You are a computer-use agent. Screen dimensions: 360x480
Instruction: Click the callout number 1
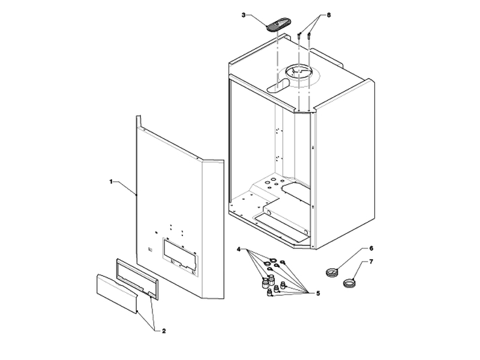[111, 181]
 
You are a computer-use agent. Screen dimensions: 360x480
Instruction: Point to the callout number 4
[239, 248]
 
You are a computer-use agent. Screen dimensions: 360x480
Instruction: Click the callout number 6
[371, 247]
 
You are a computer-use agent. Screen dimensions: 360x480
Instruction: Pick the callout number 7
[371, 262]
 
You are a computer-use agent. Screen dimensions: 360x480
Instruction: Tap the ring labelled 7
[350, 281]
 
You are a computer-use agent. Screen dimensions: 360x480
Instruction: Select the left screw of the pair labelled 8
[299, 37]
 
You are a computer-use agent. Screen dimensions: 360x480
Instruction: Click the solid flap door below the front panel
[117, 293]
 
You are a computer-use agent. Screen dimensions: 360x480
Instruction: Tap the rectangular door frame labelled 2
[137, 278]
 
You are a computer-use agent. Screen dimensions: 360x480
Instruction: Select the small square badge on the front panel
[150, 251]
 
